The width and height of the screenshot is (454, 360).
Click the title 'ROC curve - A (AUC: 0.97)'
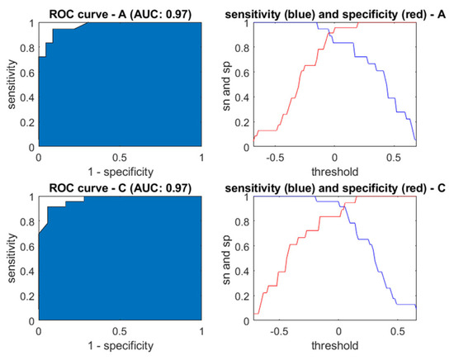click(x=121, y=14)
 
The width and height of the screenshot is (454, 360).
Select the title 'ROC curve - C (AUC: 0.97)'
click(x=121, y=188)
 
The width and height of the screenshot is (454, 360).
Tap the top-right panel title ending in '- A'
click(x=335, y=14)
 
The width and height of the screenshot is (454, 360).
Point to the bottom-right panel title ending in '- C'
click(x=335, y=188)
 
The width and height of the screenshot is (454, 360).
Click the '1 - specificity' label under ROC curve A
click(x=121, y=172)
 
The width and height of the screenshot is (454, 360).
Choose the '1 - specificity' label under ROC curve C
click(x=121, y=345)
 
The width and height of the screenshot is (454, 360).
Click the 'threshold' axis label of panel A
click(x=335, y=172)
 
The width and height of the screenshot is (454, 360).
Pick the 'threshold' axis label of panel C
click(x=335, y=345)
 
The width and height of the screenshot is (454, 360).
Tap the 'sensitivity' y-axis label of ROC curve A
click(x=12, y=84)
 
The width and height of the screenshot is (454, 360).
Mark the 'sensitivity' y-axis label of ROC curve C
click(x=12, y=258)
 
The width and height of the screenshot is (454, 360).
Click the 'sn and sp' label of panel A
click(x=226, y=86)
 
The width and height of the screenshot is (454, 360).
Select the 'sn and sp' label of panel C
click(x=226, y=260)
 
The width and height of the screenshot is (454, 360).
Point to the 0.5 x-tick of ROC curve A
click(x=121, y=158)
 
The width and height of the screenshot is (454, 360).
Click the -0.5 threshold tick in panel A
click(x=275, y=158)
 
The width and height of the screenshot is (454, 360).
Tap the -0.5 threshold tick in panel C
click(x=279, y=331)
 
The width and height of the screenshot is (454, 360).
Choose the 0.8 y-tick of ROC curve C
click(x=27, y=222)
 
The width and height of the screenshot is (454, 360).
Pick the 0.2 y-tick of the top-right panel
click(x=242, y=122)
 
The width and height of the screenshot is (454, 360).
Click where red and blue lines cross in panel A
click(x=329, y=33)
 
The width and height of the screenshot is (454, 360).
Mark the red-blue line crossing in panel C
click(x=343, y=206)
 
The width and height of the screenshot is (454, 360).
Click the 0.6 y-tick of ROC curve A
click(x=27, y=73)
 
